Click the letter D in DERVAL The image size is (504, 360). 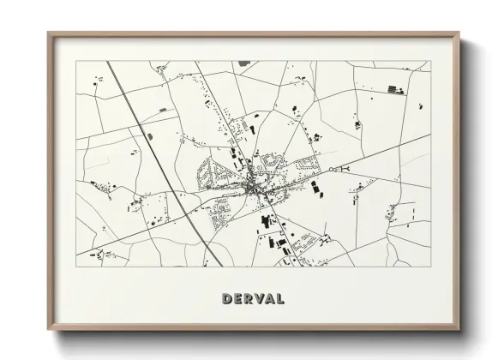pyautogui.click(x=226, y=299)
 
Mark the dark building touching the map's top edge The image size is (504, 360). pyautogui.click(x=244, y=63)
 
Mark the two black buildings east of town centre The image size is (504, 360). pyautogui.click(x=316, y=187)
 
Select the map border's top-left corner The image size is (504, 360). pyautogui.click(x=75, y=61)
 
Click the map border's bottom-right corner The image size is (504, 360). pyautogui.click(x=430, y=266)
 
